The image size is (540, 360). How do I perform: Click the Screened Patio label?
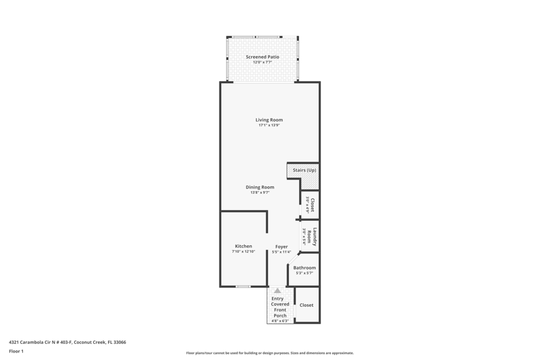point(263,57)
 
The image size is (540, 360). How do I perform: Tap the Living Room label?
point(269,120)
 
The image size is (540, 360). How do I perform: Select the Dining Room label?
point(260,187)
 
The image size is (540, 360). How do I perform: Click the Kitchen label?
point(244,246)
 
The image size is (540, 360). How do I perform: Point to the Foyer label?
point(281,247)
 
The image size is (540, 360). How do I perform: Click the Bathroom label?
point(304,267)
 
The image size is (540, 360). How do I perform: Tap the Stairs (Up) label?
point(304,170)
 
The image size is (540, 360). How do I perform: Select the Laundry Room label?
point(312,236)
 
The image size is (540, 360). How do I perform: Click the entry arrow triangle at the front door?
point(277,290)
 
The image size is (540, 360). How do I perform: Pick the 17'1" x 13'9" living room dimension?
point(269,126)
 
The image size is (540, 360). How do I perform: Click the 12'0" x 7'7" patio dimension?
point(263,62)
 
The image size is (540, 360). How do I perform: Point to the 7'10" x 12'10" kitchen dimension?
point(244,251)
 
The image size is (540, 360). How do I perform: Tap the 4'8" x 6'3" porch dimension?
point(280,321)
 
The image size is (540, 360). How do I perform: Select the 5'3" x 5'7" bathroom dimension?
point(304,273)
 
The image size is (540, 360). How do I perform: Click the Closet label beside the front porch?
point(306,305)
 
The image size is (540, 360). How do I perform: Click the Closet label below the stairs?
point(313,205)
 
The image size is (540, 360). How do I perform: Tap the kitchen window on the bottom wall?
point(243,286)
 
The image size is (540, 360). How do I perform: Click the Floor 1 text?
point(16,351)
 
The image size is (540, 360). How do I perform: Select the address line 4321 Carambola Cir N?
point(67,342)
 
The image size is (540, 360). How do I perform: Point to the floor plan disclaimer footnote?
point(269,353)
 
